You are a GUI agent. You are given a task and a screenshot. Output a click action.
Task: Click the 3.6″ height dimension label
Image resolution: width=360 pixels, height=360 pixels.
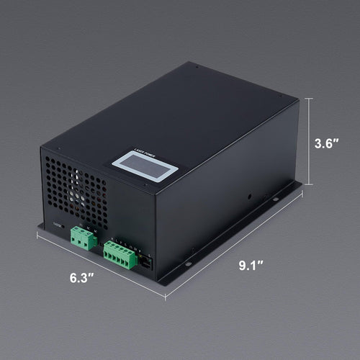[328, 143]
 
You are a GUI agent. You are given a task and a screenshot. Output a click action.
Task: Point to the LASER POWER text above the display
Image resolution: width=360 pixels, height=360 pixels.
[145, 152]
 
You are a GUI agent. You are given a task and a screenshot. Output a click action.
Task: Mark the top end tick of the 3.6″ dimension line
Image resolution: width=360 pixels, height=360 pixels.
[310, 98]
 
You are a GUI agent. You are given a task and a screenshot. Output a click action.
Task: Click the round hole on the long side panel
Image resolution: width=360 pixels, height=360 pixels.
[249, 194]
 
